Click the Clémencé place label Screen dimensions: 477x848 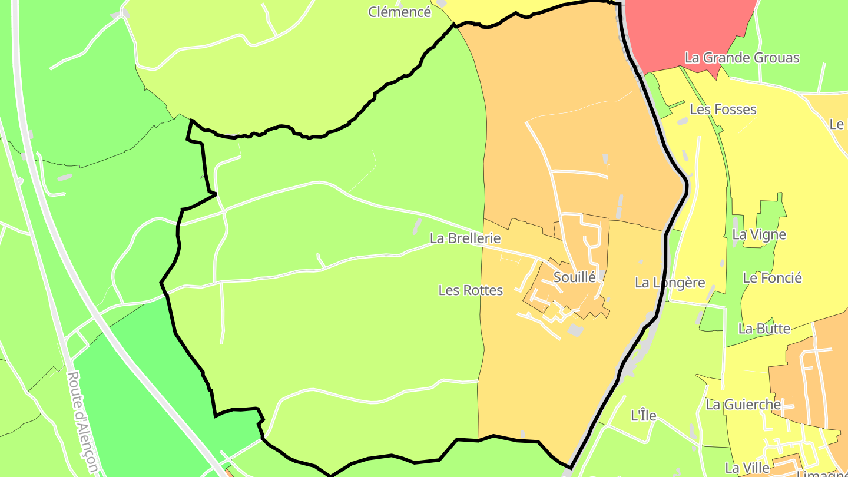[x=400, y=12]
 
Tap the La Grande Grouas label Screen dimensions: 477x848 [x=742, y=58]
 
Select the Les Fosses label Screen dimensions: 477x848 [x=723, y=110]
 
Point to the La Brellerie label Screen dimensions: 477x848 [x=465, y=238]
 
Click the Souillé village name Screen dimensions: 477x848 [x=575, y=277]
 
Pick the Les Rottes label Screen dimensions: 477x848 [x=471, y=290]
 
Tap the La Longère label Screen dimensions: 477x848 [x=670, y=283]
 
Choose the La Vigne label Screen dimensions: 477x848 [x=759, y=234]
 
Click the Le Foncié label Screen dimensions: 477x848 [x=772, y=278]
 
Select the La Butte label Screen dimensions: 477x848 [x=764, y=329]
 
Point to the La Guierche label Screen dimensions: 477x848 [x=743, y=405]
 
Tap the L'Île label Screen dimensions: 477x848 [x=643, y=415]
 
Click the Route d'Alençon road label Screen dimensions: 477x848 [x=82, y=423]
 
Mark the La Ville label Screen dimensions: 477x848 [x=747, y=468]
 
